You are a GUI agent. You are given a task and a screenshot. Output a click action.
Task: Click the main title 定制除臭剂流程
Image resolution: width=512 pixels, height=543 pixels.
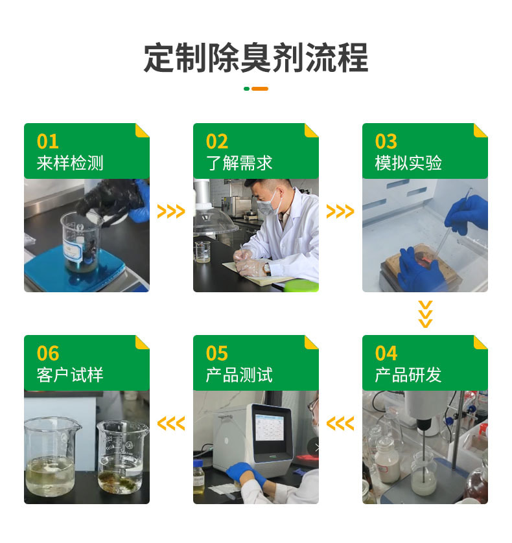click(256, 58)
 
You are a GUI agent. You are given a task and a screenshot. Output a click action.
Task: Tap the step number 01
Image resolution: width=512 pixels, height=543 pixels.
click(47, 141)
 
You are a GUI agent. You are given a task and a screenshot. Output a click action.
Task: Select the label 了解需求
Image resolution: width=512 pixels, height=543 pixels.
click(239, 163)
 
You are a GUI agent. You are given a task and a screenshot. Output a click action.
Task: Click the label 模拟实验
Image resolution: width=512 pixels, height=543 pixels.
click(408, 163)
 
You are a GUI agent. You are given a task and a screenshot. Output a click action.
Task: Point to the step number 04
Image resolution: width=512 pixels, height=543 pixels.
click(386, 353)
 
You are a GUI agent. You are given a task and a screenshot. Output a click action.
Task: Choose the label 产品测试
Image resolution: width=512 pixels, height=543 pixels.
click(239, 375)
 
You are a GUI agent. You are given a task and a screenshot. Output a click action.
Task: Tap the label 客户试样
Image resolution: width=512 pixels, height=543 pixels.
click(70, 375)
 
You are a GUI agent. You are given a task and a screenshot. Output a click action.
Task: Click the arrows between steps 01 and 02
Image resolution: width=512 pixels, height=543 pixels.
click(171, 211)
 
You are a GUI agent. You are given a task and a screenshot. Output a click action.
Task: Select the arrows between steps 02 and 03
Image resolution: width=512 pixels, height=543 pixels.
click(340, 211)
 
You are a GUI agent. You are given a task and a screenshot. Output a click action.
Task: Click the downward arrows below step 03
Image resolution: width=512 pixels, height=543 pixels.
click(425, 314)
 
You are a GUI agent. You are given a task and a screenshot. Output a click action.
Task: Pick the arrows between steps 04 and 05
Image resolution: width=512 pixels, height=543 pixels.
click(340, 423)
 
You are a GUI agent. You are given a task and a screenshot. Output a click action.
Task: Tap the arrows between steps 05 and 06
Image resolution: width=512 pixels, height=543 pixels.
click(171, 423)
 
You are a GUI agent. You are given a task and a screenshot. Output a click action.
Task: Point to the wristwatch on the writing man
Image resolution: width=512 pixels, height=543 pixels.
click(267, 268)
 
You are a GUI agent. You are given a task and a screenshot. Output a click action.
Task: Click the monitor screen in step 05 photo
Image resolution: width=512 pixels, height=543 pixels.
click(270, 428)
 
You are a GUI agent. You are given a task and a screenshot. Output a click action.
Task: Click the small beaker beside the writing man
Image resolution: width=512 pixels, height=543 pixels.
click(203, 251)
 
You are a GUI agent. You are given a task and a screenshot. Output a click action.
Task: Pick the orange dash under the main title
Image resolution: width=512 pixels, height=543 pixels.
click(260, 89)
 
